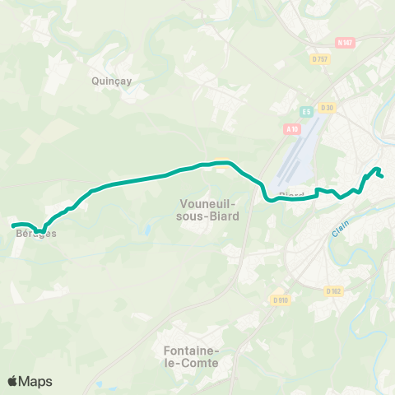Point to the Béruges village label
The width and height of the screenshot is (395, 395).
(x=31, y=234)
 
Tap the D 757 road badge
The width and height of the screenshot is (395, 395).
(x=320, y=58)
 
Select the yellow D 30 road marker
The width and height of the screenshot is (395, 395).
(x=328, y=108)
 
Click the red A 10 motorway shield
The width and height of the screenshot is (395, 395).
(x=290, y=128)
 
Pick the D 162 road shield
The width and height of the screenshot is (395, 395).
(x=332, y=290)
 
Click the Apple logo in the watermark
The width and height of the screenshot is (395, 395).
(x=13, y=381)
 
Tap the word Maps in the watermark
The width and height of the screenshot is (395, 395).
(x=36, y=381)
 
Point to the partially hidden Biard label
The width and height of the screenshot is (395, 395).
(x=291, y=194)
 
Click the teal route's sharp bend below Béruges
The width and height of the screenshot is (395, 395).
(x=39, y=231)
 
